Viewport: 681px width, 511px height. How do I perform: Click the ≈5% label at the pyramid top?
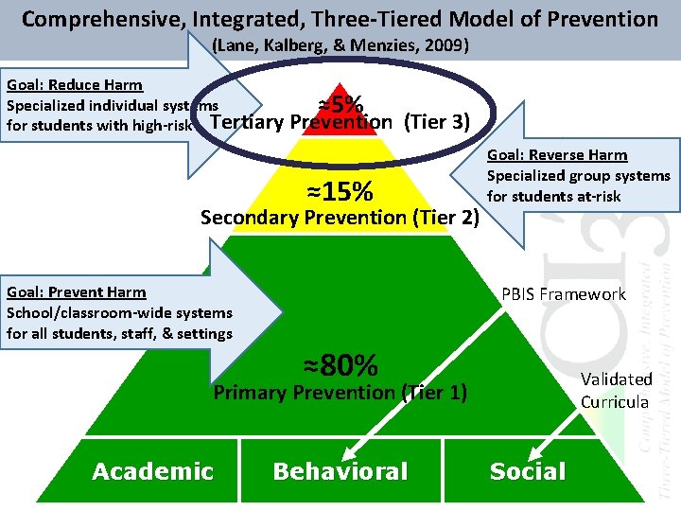pyautogui.click(x=341, y=103)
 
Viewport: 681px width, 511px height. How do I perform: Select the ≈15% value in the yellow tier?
pyautogui.click(x=340, y=192)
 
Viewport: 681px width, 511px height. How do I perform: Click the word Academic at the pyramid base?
pyautogui.click(x=152, y=471)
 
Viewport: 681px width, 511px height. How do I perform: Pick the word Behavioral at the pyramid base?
pyautogui.click(x=340, y=471)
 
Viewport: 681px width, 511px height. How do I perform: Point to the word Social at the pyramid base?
pyautogui.click(x=528, y=471)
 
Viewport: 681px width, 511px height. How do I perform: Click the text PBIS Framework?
pyautogui.click(x=564, y=294)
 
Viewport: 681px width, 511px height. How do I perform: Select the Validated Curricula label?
pyautogui.click(x=616, y=390)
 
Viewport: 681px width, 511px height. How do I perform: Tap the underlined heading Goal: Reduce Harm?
pyautogui.click(x=73, y=85)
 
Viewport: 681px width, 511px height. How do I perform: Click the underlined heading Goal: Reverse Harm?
pyautogui.click(x=557, y=155)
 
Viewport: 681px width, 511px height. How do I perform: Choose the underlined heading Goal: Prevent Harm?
pyautogui.click(x=76, y=292)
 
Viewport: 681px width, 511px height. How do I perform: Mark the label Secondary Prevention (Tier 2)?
pyautogui.click(x=341, y=218)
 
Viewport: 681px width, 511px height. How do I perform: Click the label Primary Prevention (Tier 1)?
pyautogui.click(x=340, y=392)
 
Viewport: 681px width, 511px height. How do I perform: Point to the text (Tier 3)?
pyautogui.click(x=437, y=122)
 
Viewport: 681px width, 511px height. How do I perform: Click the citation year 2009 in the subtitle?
pyautogui.click(x=450, y=44)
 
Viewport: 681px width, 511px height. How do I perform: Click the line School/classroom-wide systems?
pyautogui.click(x=119, y=312)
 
